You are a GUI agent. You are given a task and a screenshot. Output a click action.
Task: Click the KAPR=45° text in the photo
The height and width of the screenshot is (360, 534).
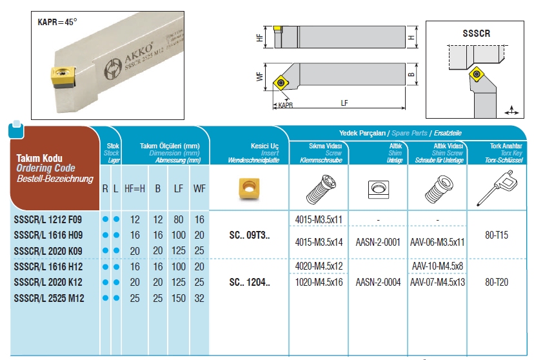click(57, 22)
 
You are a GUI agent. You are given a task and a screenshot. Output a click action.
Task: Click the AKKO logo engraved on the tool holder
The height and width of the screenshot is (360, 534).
click(113, 70)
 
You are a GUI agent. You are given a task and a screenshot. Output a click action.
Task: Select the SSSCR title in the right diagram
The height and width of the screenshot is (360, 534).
click(476, 34)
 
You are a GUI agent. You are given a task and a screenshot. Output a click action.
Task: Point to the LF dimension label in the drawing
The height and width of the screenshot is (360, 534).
click(344, 103)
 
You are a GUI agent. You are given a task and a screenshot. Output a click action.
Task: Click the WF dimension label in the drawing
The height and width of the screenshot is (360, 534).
click(260, 77)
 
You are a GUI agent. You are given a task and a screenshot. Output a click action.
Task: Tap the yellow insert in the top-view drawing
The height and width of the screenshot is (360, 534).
click(281, 83)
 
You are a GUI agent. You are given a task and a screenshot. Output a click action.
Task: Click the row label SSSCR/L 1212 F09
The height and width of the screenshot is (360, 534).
click(48, 220)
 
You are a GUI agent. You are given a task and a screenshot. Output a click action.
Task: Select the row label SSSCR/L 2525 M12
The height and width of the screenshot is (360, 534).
click(49, 298)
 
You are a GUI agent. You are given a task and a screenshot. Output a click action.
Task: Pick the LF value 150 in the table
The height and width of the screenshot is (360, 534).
click(179, 298)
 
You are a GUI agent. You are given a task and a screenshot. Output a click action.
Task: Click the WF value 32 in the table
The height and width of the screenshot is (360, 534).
click(199, 298)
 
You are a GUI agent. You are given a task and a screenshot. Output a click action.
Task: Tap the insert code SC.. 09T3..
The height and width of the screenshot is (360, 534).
click(250, 235)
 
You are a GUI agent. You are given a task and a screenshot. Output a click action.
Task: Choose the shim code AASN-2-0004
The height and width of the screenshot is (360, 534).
click(378, 283)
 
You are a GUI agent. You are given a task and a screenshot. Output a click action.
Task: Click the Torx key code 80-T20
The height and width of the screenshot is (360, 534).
click(497, 283)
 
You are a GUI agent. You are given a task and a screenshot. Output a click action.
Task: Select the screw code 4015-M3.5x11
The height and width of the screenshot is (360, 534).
click(319, 220)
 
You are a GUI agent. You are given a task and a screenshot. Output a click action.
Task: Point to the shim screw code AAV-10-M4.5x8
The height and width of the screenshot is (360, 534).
click(437, 266)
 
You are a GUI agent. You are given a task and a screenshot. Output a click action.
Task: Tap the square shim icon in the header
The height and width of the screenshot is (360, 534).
click(379, 190)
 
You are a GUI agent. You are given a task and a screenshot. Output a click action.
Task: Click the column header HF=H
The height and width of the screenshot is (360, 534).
click(135, 188)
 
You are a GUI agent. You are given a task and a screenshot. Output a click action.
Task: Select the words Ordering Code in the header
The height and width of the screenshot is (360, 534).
click(46, 168)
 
